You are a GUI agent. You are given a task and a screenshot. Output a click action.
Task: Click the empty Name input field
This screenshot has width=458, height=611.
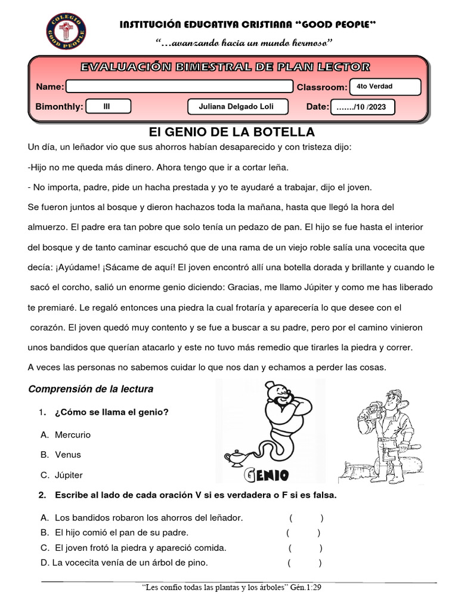[179, 87]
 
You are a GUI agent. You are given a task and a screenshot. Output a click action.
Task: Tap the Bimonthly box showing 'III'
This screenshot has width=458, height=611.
[107, 107]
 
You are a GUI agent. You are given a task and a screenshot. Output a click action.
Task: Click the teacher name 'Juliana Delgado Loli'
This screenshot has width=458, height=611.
[238, 107]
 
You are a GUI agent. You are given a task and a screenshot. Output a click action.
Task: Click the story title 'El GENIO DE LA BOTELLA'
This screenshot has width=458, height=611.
[231, 132]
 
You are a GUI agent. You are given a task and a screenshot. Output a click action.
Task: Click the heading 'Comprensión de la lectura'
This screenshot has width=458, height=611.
[91, 389]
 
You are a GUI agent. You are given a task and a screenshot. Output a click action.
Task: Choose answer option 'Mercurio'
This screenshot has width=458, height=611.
[72, 434]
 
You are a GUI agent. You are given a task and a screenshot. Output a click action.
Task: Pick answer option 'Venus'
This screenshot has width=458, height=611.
[67, 455]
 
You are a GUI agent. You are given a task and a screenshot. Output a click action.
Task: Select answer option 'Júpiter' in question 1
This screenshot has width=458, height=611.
[69, 475]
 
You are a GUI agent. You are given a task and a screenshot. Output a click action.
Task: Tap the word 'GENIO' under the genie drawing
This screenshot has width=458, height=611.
[267, 476]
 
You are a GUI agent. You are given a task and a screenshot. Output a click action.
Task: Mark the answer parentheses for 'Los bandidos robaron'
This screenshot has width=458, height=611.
[307, 517]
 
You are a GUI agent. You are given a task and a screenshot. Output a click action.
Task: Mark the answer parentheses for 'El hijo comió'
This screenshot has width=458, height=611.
[303, 532]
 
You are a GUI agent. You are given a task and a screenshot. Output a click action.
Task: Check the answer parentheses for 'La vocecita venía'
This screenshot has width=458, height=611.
[304, 562]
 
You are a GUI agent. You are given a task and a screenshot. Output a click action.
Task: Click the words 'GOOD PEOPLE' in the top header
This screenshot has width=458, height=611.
[340, 24]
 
